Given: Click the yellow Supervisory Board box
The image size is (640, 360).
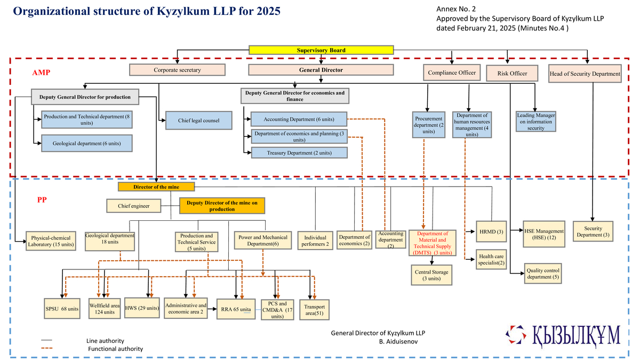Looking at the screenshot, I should tap(321, 50).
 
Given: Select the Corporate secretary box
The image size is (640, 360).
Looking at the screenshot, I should tap(177, 70).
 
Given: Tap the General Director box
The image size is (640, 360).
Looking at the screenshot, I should tap(321, 70).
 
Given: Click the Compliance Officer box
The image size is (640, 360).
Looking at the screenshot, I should tap(452, 73).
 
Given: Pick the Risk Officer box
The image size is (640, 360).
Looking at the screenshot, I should tap(512, 74).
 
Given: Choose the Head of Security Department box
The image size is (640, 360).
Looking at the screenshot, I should tap(585, 74).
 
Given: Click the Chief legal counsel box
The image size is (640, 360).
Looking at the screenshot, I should tap(198, 121).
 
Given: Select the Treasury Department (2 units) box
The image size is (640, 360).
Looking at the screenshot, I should tap(299, 153).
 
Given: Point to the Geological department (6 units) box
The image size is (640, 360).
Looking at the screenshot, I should tap(86, 143).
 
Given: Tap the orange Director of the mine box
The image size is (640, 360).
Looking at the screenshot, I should tap(156, 187).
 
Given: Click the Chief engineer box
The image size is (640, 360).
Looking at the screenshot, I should tap(134, 205).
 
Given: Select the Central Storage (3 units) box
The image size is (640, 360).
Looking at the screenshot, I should tap(431, 275).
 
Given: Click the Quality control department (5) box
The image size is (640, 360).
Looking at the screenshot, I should tap(542, 274).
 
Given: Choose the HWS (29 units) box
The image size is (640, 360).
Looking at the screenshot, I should tap(141, 308).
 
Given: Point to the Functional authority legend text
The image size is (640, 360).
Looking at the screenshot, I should tap(115, 349).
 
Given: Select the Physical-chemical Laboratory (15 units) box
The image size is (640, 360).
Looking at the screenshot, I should tap(52, 241).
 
